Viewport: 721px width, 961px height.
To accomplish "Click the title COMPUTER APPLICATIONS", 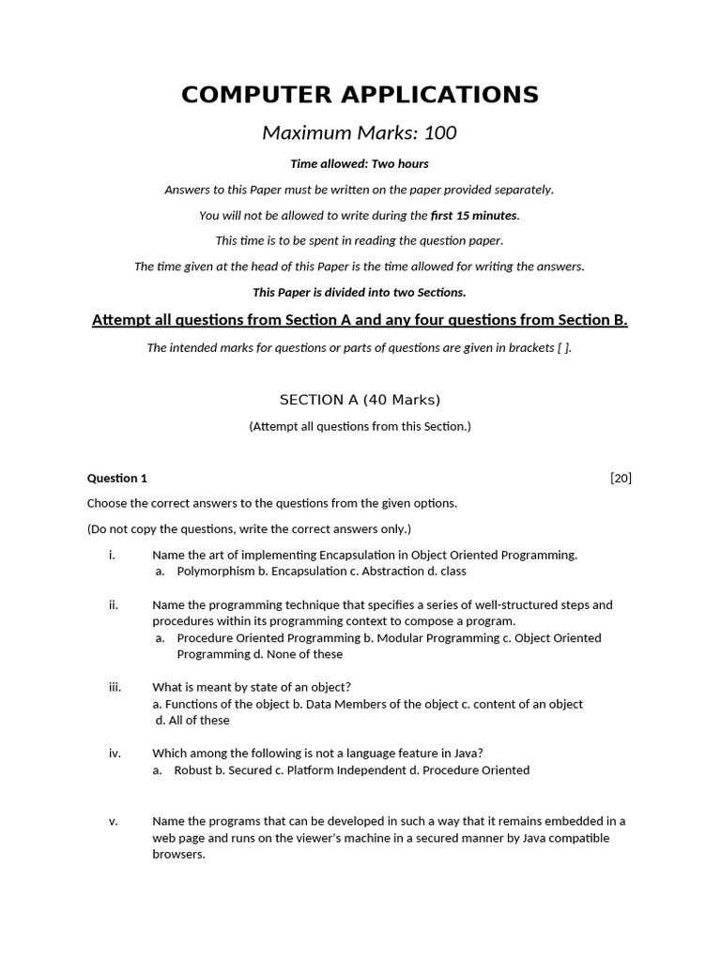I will pos(360,95).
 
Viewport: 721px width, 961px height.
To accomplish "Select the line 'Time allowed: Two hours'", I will pos(360,164).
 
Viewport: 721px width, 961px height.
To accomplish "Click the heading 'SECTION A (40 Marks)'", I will pos(360,400).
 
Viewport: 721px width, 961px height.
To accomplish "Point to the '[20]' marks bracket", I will pos(621,478).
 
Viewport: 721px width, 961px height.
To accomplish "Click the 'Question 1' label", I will pos(117,478).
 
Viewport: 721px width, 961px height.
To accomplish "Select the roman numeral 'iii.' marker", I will pos(115,687).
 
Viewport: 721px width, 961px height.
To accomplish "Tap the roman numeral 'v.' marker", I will pos(113,821).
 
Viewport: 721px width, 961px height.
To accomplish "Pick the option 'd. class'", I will pos(441,571).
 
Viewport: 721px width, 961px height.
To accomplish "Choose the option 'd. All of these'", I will pos(192,720).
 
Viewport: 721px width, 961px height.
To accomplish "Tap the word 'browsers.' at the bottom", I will pos(178,855).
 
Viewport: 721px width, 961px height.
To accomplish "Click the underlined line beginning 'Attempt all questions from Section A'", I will pos(360,321).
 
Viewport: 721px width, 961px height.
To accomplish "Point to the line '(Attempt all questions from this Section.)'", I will pos(360,426).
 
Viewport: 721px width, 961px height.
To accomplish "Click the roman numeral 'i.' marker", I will pos(112,555).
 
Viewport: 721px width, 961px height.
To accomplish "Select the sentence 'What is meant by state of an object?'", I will pos(252,687).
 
